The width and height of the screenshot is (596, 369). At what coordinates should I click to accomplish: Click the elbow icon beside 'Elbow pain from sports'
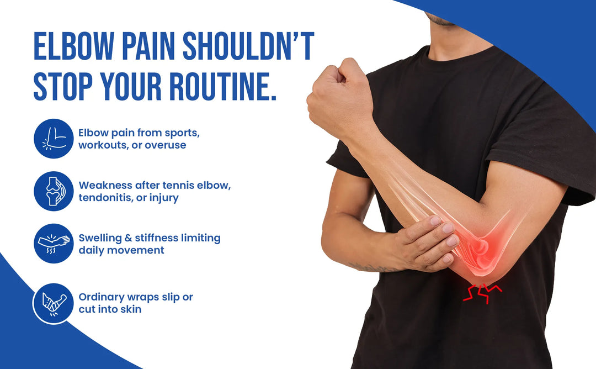(53, 139)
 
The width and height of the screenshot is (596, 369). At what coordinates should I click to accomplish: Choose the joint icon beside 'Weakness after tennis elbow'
(53, 191)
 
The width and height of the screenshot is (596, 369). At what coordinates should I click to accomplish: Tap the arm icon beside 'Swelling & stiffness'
(53, 244)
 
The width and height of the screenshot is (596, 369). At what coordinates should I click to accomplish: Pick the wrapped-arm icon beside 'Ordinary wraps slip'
(53, 303)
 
